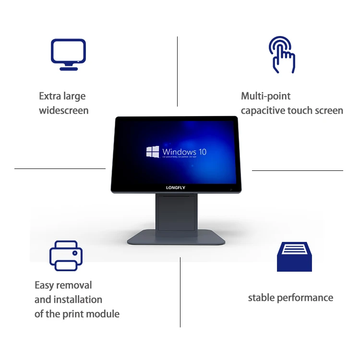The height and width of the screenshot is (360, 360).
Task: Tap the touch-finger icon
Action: coord(281,55)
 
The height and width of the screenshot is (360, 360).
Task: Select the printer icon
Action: coord(66,255)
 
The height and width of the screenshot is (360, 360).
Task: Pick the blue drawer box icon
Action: coord(294,256)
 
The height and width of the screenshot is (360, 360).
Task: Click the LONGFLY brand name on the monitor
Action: coord(176,188)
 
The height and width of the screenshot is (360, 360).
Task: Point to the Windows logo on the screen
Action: coord(153,152)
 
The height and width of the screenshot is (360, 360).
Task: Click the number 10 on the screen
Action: coord(202,152)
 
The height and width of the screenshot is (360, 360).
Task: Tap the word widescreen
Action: coord(64,111)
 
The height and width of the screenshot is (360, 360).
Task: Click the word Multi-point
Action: coord(265,96)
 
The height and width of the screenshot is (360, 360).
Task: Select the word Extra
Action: coord(50,96)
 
